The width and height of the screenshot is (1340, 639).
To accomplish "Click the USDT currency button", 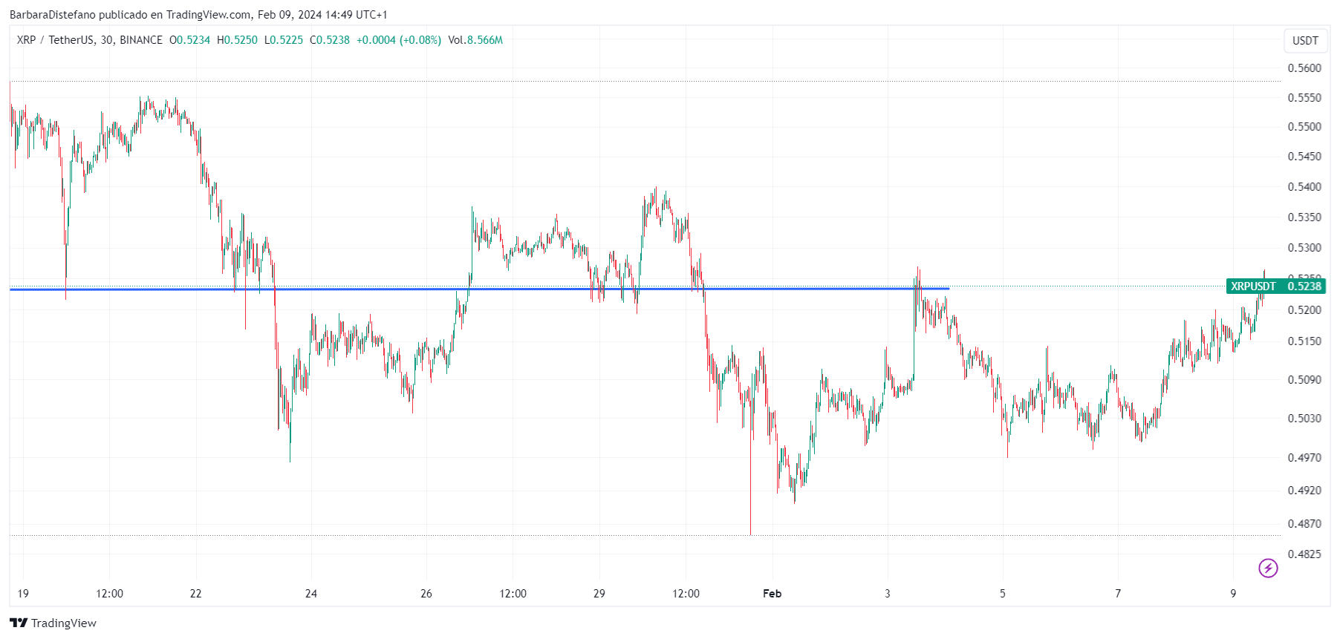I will coord(1305,41).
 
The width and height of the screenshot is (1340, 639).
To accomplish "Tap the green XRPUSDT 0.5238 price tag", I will coord(1275,286).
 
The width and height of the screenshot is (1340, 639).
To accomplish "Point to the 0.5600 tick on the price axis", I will coord(1304,68).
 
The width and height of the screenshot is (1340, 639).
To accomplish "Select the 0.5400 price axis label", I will coord(1304,187).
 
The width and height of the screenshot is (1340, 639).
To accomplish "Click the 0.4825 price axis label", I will coord(1304,554).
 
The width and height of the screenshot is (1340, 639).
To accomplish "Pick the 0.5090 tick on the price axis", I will coord(1304,380).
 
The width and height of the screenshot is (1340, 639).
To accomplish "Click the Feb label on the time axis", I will coord(773,594).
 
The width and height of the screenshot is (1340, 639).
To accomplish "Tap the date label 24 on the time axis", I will coord(311,594).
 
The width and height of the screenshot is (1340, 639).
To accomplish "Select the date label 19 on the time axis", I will coord(23,594).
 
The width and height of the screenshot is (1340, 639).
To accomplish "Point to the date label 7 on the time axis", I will coord(1118,594).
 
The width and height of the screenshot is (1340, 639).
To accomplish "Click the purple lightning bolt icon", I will coord(1268,568).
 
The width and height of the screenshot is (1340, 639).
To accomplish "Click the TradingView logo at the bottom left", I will coord(53,623).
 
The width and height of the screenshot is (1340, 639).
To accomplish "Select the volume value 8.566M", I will coord(484,40).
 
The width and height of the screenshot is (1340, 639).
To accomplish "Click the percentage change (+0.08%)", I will coord(420,40).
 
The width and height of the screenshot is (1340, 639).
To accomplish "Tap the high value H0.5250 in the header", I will coord(237,40).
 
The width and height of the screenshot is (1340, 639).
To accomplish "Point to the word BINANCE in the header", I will coord(141,40).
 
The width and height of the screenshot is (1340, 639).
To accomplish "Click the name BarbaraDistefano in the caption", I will coord(52,15).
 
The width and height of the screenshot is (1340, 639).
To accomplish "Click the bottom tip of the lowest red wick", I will coord(750,534).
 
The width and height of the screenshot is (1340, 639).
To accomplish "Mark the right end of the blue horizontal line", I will coord(949,289).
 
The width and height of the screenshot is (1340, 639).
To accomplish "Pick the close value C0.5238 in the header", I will coord(330,40).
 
